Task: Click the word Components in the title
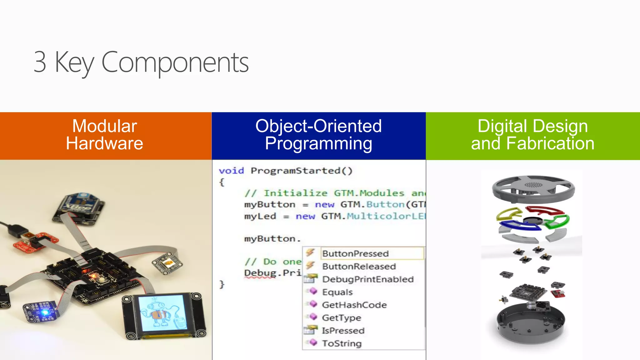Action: coord(175,62)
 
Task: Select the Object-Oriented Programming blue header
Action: coord(318,135)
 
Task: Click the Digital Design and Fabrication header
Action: coord(532,135)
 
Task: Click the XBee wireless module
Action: coord(80,206)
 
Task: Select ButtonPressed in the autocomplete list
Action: coord(355,253)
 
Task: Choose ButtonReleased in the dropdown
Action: coord(359,266)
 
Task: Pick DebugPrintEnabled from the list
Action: coord(367,279)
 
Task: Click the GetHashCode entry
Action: coord(354,305)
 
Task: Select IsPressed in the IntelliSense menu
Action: coord(343,330)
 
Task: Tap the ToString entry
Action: coord(342,343)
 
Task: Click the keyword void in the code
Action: coord(231,171)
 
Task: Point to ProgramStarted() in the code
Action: coord(301,171)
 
